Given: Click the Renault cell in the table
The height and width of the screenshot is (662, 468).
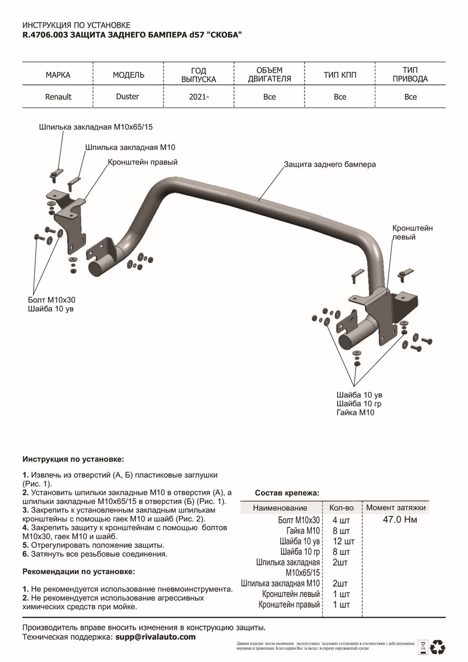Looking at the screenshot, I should coord(58,97).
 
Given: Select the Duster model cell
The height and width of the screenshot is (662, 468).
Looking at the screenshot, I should coord(128,97).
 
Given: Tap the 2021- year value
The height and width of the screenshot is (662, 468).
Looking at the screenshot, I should coord(199,97).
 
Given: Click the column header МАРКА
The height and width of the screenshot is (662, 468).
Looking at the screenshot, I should coord(58,74).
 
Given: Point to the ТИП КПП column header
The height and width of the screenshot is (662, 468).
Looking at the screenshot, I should coord(340,74).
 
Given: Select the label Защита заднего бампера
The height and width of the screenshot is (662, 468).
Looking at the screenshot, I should coord(329,164).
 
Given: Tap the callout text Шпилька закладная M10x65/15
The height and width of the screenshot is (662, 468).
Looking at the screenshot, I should coord(95,127).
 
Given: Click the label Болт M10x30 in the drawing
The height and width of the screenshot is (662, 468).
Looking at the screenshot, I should coord(51,299).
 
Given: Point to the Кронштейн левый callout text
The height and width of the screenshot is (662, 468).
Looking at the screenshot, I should coord(413,232).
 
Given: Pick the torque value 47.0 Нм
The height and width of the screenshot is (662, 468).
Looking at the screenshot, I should coord(400,520).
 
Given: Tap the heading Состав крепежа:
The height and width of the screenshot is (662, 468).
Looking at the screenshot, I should coord(287,493).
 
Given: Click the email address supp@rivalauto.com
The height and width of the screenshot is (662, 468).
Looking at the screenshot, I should coord(155,637).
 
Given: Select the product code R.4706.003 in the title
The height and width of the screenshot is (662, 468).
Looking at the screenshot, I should coord(41,34).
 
